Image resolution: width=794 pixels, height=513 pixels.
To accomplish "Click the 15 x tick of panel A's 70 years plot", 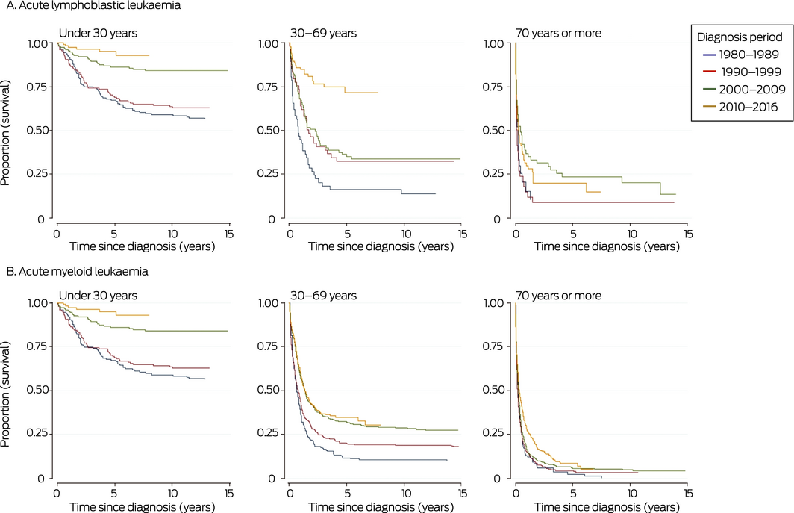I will (687, 233).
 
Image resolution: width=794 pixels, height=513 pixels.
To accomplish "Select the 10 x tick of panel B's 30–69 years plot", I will (404, 493).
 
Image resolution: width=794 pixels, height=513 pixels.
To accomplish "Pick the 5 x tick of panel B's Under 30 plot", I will (114, 493).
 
